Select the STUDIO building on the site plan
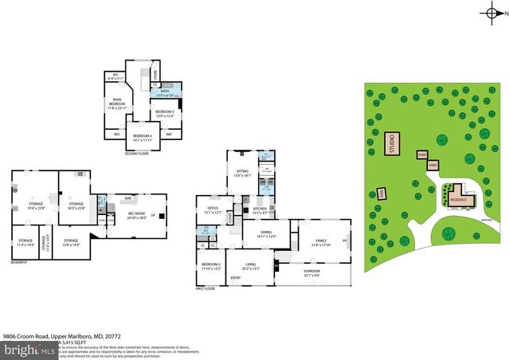(392, 144)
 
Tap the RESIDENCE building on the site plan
(457, 198)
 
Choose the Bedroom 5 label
(164, 113)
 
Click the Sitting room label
(242, 172)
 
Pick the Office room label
(213, 210)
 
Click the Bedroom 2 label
(210, 266)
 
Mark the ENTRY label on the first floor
(236, 278)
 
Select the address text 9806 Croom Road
(29, 338)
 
